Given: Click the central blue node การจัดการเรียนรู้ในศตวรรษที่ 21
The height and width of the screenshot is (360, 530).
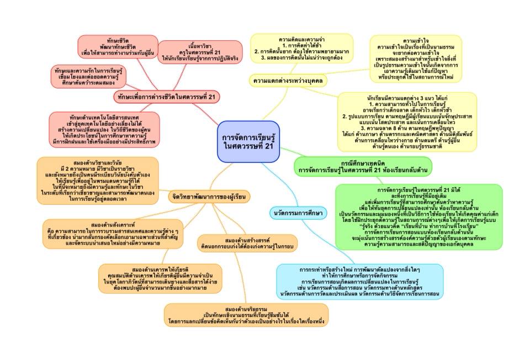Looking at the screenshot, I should tap(248, 141).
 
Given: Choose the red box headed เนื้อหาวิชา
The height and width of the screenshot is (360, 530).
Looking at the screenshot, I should tap(200, 53).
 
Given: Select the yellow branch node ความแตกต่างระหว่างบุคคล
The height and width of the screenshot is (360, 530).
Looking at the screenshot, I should tap(288, 81).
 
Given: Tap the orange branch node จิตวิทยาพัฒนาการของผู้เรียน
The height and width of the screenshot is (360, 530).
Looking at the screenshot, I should tap(210, 196).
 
